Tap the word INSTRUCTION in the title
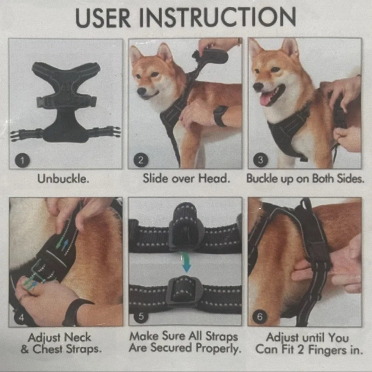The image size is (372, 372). pos(218,17)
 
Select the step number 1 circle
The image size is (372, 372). pos(23,160)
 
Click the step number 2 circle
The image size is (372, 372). pos(141,160)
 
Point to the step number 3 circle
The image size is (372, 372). pos(260,160)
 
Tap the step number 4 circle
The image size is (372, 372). pos(21,317)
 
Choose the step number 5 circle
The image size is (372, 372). pos(141,316)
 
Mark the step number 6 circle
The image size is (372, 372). pos(260,317)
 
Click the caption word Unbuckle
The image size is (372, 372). pos(63,179)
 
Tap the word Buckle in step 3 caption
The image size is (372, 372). pos(262,179)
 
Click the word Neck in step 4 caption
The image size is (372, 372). pos(77,337)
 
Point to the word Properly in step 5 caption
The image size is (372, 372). pos(218,348)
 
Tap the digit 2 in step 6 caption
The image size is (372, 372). pos(300,350)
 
